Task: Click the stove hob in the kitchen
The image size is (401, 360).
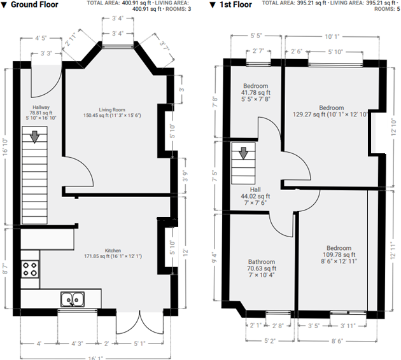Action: pos(30,269)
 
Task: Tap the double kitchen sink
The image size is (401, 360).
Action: pos(73,299)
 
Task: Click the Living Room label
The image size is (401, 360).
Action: pos(112,113)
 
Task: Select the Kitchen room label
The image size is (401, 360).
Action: pos(113,253)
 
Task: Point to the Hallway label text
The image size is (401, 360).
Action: pos(41,113)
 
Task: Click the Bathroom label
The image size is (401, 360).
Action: pos(262,268)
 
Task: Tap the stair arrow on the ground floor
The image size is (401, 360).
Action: pos(34,137)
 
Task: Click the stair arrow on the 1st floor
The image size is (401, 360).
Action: pos(243,153)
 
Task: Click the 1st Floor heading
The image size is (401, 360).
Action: pos(231,4)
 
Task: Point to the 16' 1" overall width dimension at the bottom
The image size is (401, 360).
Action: pos(95,358)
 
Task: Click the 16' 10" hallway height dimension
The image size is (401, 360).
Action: pos(5,147)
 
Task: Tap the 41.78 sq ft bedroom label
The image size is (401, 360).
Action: pos(256,92)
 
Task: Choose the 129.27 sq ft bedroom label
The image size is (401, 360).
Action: pos(331,111)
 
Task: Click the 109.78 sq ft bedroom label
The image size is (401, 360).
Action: pos(339,254)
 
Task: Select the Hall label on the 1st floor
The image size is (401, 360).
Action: pos(255,196)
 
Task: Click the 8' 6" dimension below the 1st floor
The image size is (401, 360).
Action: pos(337,341)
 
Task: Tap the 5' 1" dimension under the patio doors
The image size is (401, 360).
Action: pos(139,343)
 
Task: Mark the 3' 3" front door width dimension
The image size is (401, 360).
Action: pos(46,53)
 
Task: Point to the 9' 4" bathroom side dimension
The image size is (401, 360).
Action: pos(215,258)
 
